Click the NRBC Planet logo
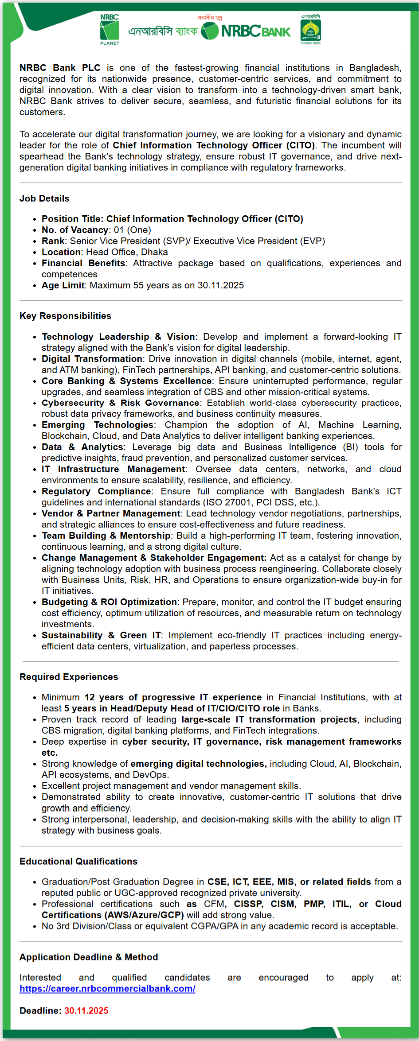pos(110,30)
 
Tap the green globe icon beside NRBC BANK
pos(210,31)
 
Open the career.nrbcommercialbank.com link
pos(107,988)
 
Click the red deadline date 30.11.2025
pos(86,1010)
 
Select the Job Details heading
pos(44,198)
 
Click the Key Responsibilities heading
pos(65,316)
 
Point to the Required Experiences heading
pos(69,677)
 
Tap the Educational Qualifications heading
pos(78,861)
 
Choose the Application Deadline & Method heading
pos(89,957)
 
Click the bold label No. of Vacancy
pos(75,230)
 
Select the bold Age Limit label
pos(63,285)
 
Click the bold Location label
pos(61,252)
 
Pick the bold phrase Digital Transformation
pos(92,359)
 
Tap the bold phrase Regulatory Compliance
pos(96,491)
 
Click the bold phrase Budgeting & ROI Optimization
pos(109,602)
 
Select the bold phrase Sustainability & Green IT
pos(101,635)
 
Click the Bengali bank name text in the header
pos(163,31)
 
